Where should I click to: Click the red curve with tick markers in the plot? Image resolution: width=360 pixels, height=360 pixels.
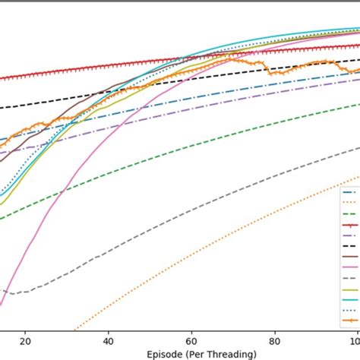(x=152, y=64)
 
